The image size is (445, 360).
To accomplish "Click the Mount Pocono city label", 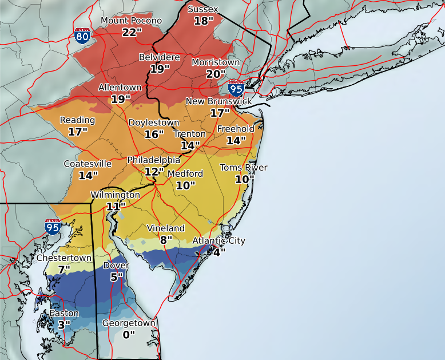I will click(131, 21).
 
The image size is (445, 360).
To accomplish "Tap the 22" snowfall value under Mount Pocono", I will click(131, 32).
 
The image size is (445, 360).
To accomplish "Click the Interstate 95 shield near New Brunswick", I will click(236, 88).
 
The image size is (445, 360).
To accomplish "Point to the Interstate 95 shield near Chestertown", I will click(53, 227).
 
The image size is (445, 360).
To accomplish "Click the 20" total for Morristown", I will click(216, 74).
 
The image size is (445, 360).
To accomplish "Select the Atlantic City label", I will click(218, 240).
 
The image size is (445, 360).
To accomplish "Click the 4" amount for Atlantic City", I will click(219, 252).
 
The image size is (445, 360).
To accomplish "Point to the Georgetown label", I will click(129, 323).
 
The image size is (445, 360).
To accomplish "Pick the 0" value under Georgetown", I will click(129, 335).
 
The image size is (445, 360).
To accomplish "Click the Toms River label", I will click(244, 168).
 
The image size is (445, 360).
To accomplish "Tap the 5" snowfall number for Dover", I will click(116, 277).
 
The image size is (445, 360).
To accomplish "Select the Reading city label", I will click(77, 120).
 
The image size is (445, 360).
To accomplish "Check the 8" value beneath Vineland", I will click(166, 240).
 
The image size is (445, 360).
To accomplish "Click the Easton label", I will click(64, 314).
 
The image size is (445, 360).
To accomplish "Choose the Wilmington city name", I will click(115, 195).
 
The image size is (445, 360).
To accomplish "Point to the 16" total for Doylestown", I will click(154, 134).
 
